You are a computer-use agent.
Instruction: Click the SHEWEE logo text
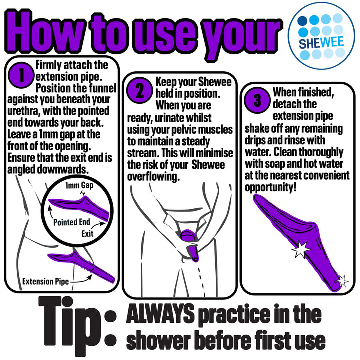[x=321, y=42]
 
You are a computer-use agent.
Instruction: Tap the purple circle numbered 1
[x=21, y=75]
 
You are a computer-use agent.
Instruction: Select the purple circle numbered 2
[x=140, y=90]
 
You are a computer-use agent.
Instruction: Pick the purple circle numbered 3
[x=257, y=100]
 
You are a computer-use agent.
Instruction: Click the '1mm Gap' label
[x=79, y=185]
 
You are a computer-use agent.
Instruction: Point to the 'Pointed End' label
[x=72, y=222]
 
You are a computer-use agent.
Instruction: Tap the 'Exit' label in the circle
[x=87, y=234]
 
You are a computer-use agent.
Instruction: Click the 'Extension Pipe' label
[x=45, y=281]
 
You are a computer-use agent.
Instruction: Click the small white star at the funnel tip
[x=342, y=281]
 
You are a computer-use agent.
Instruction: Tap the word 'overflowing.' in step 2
[x=153, y=177]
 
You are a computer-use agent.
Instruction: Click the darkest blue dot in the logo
[x=302, y=21]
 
